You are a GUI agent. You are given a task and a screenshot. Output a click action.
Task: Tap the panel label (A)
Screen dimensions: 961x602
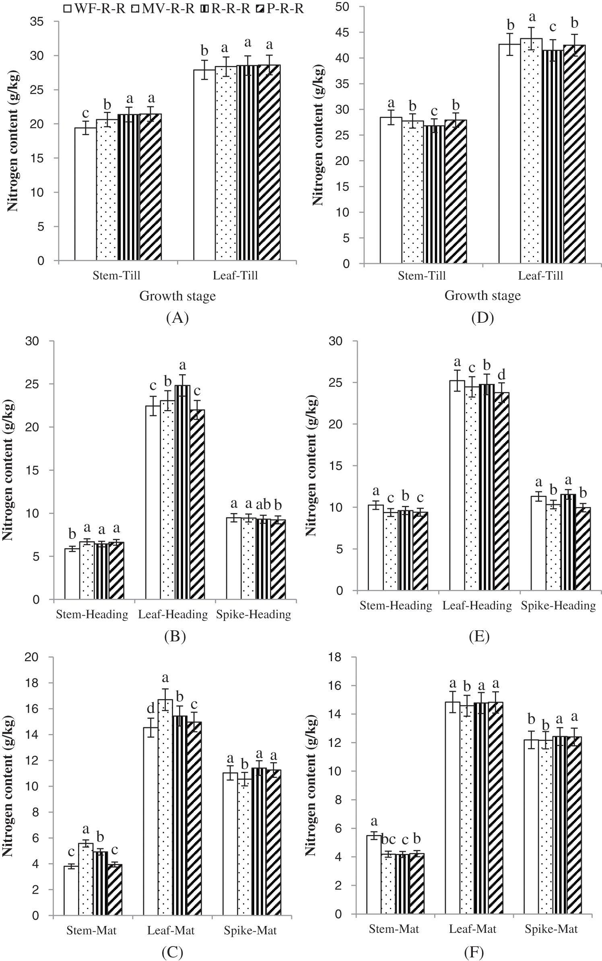(x=177, y=318)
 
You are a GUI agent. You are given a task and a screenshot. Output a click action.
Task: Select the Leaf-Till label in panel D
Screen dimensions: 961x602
(x=540, y=276)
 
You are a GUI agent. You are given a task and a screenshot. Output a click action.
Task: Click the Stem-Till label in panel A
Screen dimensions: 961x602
(x=116, y=276)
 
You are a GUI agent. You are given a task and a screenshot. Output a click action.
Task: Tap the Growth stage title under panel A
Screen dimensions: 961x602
(x=177, y=296)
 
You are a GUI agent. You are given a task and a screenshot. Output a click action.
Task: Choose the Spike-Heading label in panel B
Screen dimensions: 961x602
(x=253, y=615)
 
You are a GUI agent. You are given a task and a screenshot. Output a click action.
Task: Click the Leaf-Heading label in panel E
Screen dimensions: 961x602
(x=477, y=605)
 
